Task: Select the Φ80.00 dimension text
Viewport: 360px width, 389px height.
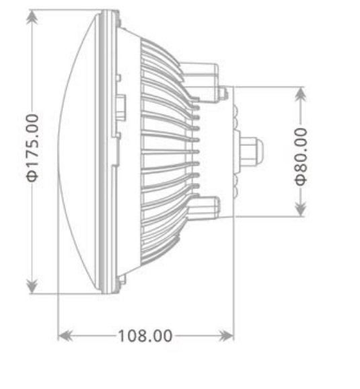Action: click(x=300, y=155)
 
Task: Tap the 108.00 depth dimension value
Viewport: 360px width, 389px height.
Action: click(x=145, y=334)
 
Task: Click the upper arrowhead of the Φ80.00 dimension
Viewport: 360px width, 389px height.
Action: click(x=300, y=92)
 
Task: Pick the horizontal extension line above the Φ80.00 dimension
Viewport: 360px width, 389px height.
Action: click(x=269, y=85)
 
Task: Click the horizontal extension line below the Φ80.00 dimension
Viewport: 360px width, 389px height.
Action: click(x=269, y=216)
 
